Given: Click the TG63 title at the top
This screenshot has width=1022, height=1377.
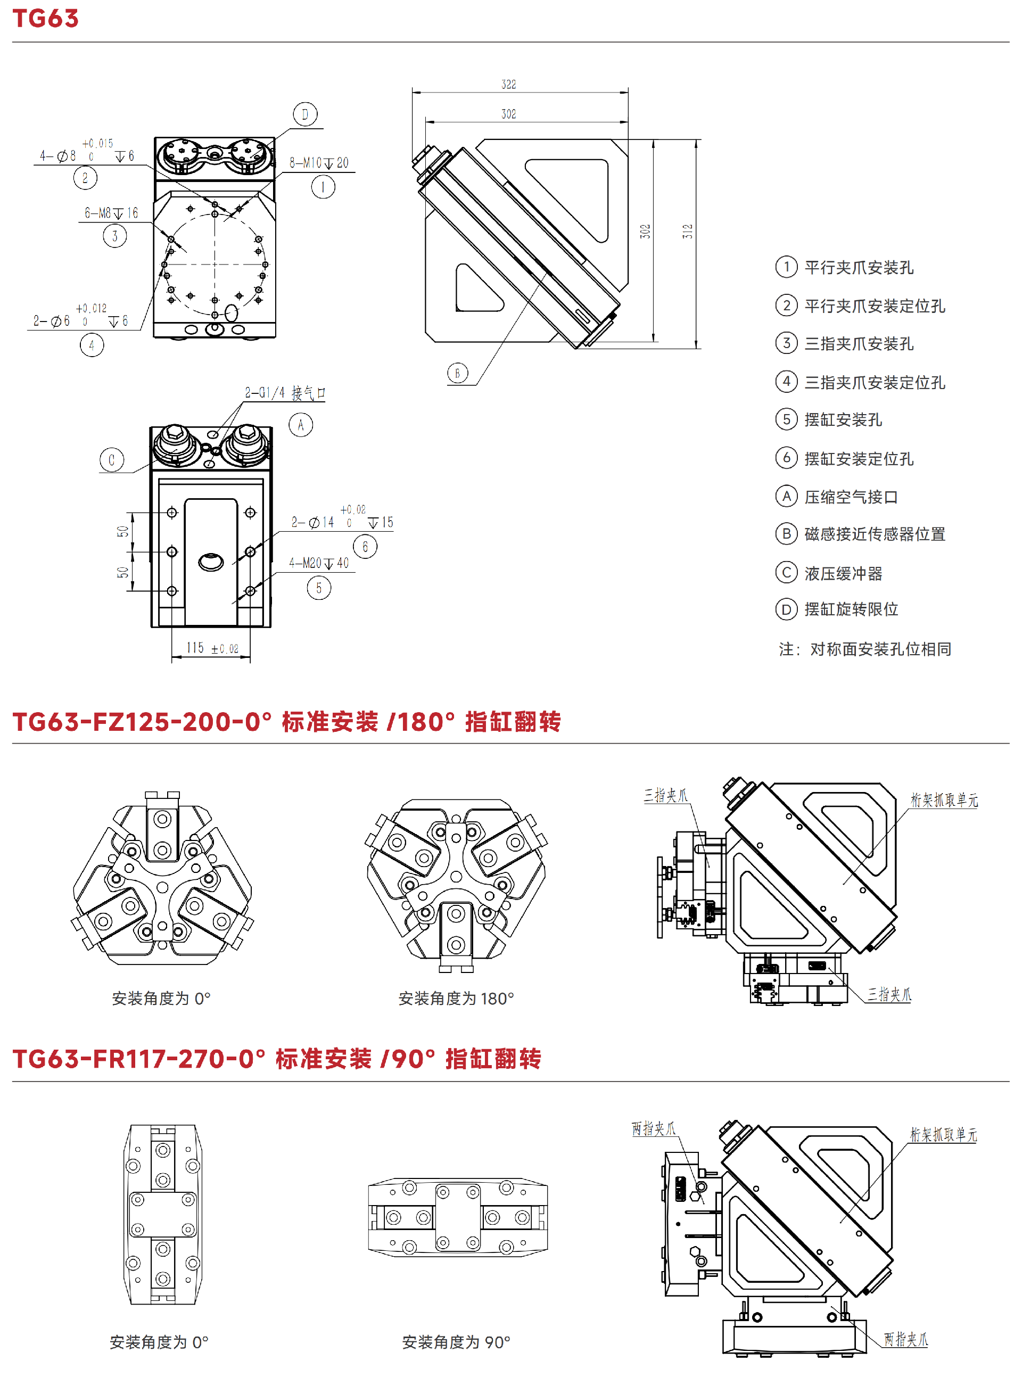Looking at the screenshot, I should click(x=46, y=19).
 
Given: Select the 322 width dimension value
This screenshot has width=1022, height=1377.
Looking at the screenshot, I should click(x=508, y=84).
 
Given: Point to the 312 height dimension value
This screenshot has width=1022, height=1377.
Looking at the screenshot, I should click(x=687, y=232).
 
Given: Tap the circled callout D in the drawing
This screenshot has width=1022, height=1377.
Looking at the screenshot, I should click(x=305, y=114).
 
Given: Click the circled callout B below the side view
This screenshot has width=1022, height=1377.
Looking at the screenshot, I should click(x=458, y=373).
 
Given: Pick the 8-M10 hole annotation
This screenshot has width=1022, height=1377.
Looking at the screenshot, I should click(x=319, y=163).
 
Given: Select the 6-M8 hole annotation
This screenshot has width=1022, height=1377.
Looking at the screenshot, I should click(x=111, y=213).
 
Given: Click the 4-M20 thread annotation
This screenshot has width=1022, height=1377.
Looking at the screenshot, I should click(x=319, y=563).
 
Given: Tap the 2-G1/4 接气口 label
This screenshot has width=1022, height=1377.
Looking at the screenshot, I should click(x=285, y=393).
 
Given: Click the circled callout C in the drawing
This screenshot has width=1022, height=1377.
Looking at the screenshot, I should click(x=112, y=459).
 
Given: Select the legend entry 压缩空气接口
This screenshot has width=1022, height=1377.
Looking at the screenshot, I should click(x=851, y=497).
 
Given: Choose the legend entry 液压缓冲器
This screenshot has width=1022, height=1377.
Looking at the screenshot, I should click(x=843, y=573).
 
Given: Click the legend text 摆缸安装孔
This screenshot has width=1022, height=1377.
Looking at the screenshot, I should click(x=843, y=420).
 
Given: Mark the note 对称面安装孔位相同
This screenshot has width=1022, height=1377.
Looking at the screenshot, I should click(x=880, y=649).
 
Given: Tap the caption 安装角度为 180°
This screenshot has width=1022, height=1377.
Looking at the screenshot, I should click(x=456, y=999).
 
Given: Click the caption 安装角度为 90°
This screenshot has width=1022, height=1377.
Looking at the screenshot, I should click(x=456, y=1342).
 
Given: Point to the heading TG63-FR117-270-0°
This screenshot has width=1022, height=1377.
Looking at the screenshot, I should click(x=139, y=1059).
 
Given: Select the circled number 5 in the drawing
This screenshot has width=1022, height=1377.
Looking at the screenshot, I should click(x=319, y=588).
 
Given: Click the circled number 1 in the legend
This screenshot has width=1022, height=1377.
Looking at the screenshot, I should click(x=786, y=267).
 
